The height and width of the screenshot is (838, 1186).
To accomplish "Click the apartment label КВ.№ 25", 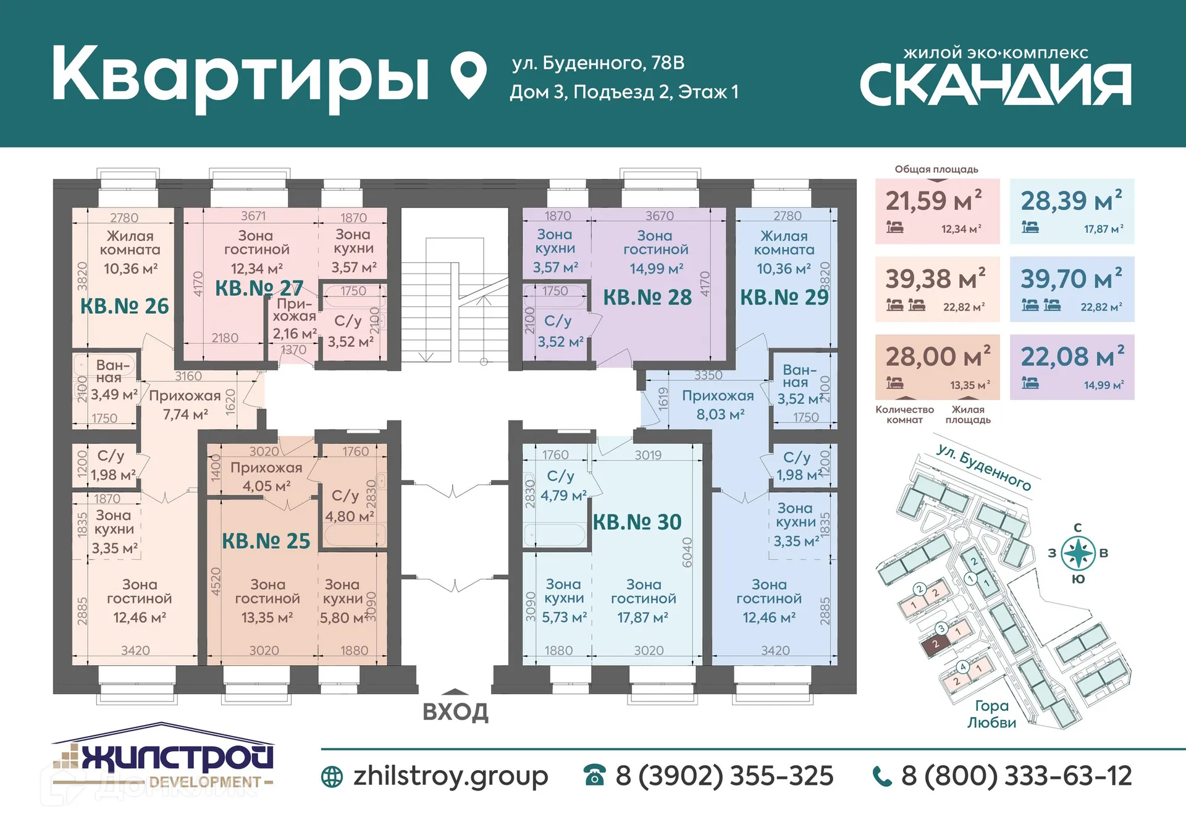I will click(266, 541).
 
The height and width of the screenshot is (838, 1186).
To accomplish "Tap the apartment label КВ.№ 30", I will click(637, 522).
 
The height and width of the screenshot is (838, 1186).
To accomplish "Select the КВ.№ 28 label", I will click(647, 298).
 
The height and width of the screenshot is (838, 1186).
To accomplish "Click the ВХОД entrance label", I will click(455, 711).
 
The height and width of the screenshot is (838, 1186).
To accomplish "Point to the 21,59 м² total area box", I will click(936, 211).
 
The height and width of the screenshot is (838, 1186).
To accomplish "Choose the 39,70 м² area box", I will click(1071, 289).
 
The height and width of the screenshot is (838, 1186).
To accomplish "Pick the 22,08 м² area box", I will click(1071, 367).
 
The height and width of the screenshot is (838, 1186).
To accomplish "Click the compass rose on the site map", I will click(1078, 553).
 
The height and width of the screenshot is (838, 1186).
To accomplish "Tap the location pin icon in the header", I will click(468, 75).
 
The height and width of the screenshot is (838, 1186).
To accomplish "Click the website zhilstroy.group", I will click(450, 776).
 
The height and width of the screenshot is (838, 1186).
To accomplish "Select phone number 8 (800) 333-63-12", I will click(1016, 776).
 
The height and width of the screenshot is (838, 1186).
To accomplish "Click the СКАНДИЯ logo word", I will click(995, 85).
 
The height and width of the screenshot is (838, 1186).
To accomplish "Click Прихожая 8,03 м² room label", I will click(718, 405).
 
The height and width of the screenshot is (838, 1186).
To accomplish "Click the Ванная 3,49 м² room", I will click(113, 380).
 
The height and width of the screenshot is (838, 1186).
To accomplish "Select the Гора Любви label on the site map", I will click(991, 714).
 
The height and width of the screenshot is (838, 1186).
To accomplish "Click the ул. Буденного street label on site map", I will click(983, 467).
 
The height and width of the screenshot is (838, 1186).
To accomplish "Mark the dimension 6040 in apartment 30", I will click(687, 551).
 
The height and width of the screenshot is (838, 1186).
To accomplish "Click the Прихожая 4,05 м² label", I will click(266, 477).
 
